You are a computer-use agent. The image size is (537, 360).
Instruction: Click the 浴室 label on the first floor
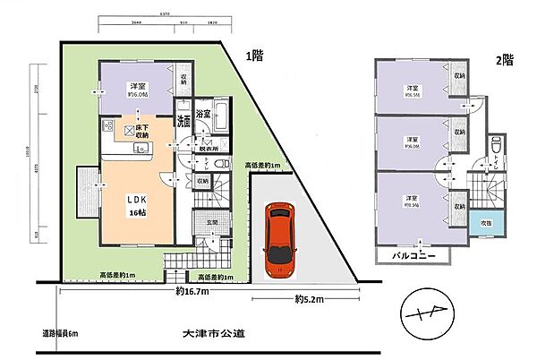(203, 114)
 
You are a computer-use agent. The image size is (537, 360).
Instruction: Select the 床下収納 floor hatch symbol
(130, 131)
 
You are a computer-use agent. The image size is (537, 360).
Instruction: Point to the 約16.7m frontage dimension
(193, 291)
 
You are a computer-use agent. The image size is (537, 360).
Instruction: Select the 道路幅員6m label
(59, 334)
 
